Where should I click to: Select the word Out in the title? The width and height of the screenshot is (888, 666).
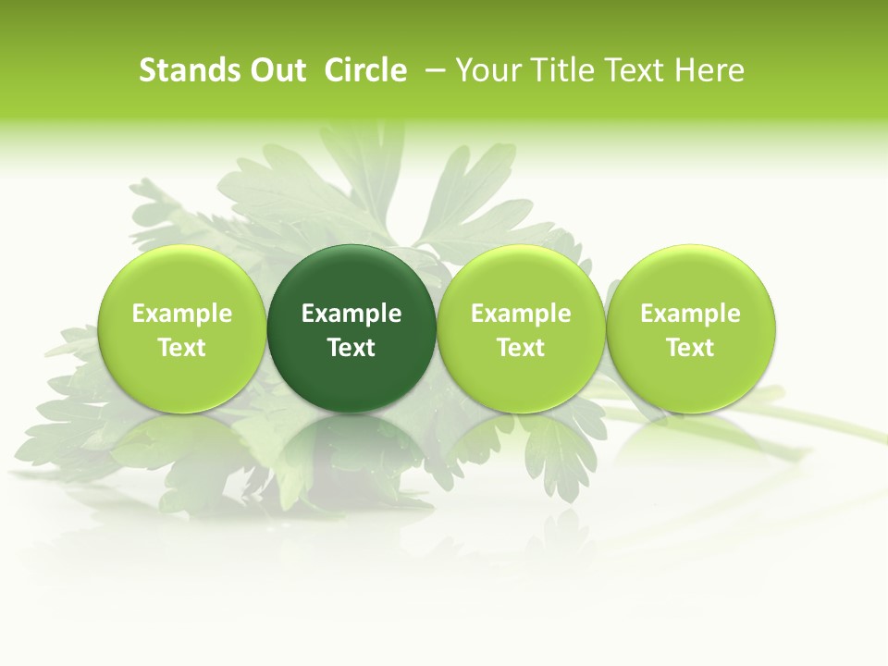(277, 70)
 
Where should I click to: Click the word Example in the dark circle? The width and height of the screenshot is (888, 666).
(351, 314)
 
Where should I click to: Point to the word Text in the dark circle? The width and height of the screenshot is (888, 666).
(351, 348)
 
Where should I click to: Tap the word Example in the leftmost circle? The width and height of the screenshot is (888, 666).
(181, 314)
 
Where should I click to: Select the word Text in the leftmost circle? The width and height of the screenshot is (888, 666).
(181, 348)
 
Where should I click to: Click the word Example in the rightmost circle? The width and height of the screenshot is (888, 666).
(691, 314)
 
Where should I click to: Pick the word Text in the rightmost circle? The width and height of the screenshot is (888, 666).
(691, 348)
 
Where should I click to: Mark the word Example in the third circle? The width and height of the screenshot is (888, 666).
(521, 314)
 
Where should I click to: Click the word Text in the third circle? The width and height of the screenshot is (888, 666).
(521, 348)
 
